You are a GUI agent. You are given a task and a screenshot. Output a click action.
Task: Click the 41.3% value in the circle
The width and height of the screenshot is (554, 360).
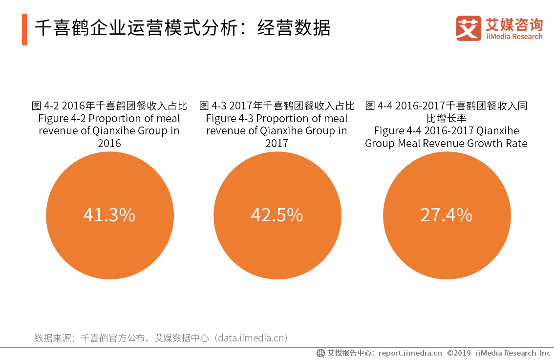click(109, 215)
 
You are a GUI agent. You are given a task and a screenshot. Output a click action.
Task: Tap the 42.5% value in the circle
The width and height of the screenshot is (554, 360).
click(277, 215)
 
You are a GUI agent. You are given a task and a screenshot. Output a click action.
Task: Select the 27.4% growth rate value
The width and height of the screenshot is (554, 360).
click(446, 215)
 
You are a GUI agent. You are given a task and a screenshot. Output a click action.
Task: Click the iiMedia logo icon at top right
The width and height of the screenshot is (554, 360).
click(469, 28)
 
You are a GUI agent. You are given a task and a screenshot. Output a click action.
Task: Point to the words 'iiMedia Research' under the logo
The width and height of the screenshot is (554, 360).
click(514, 37)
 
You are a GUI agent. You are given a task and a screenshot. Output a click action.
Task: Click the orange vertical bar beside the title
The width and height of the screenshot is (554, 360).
click(24, 29)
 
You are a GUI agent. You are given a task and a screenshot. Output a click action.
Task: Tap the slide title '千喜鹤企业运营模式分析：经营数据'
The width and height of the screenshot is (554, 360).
click(182, 28)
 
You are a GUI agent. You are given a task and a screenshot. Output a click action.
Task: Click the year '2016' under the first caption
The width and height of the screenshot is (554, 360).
click(109, 144)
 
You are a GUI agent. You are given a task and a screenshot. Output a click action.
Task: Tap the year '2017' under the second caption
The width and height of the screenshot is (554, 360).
click(277, 144)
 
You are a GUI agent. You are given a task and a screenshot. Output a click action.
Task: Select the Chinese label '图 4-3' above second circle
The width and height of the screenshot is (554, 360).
click(213, 106)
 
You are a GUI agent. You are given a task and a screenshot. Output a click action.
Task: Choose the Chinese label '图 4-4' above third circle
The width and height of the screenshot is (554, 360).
click(379, 106)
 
